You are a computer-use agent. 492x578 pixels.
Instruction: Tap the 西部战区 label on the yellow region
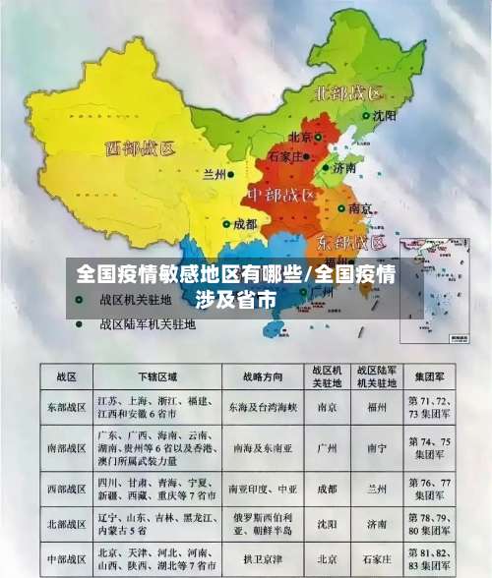pos(139,150)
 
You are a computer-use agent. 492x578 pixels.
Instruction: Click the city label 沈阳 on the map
pos(384,116)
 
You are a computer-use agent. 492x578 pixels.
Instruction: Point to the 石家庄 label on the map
pos(285,155)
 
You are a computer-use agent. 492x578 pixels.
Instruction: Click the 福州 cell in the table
pos(377,406)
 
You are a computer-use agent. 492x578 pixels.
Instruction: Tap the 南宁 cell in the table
pos(377,447)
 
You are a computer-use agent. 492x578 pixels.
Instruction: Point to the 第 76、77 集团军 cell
pos(432,488)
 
